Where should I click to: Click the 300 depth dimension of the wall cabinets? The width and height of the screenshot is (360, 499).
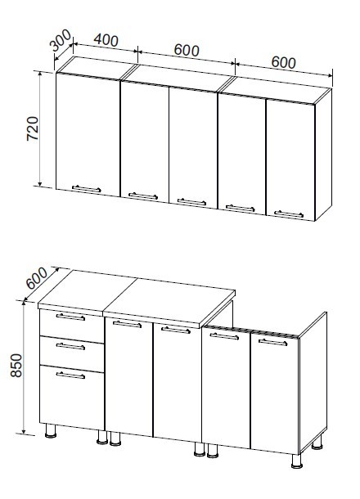[x=61, y=40]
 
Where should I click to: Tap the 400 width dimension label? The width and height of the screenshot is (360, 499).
[x=106, y=40]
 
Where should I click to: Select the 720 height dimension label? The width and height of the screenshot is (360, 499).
[x=33, y=128]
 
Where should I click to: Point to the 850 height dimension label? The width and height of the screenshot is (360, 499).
[x=16, y=366]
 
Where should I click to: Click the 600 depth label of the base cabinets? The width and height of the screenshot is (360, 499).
[x=37, y=278]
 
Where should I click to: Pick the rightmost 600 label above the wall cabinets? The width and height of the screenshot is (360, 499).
[x=284, y=62]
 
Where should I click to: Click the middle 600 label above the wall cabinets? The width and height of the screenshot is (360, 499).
[x=187, y=50]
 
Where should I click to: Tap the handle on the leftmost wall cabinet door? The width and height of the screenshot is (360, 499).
[x=86, y=189]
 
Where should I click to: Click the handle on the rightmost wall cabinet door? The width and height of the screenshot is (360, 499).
[x=289, y=214]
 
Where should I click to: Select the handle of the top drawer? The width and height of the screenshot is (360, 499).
[x=70, y=317]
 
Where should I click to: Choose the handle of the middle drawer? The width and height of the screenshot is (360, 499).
[x=70, y=346]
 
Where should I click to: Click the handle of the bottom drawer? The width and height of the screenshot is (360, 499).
[x=70, y=375]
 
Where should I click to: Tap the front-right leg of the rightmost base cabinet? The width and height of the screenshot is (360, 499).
[x=297, y=461]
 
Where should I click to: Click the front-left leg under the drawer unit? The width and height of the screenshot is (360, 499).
[x=51, y=431]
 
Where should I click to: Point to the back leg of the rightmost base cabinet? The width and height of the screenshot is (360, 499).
[x=317, y=443]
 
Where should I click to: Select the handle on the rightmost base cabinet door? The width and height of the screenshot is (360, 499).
[x=272, y=343]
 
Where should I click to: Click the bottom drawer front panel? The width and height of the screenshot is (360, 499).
[x=72, y=398]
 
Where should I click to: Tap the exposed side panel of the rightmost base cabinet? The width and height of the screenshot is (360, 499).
[x=313, y=381]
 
